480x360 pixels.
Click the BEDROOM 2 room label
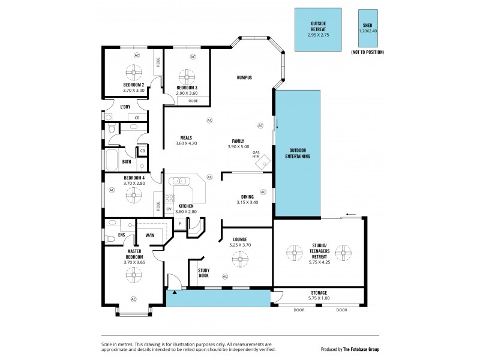(x=134, y=85)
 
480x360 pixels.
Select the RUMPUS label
(x=244, y=78)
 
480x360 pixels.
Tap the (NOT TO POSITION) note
(x=367, y=53)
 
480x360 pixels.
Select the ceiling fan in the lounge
(x=239, y=257)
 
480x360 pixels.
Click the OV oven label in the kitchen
(x=169, y=209)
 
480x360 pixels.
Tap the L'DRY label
(x=125, y=107)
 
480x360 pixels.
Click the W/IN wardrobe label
(x=150, y=235)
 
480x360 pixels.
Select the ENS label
(x=122, y=235)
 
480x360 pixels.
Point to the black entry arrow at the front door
(x=174, y=292)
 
